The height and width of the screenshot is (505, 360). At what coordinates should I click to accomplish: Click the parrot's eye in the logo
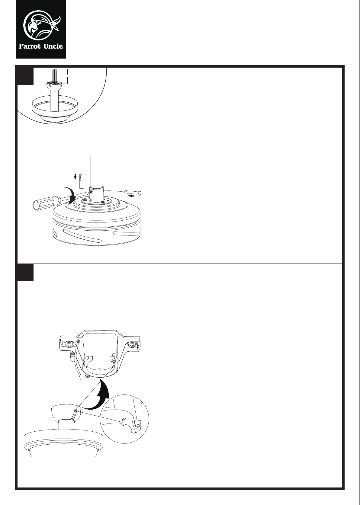coord(40,22)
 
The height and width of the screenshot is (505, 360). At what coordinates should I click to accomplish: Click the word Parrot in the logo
coord(30,46)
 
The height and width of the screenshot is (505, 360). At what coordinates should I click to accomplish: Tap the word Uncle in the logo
coord(53,46)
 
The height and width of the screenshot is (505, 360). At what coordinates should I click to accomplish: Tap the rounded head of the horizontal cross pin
coord(140,193)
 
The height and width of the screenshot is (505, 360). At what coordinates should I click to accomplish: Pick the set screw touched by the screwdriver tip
coord(91,192)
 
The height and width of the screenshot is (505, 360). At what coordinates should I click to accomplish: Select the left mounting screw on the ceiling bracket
coord(68,344)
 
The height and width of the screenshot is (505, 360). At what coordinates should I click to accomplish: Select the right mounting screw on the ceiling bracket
coord(131,344)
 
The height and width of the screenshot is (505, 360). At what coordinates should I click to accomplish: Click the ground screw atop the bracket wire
coord(78,341)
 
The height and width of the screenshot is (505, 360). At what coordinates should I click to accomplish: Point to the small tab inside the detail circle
coord(124,421)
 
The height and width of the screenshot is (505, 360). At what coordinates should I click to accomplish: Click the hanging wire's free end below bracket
coord(79,381)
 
